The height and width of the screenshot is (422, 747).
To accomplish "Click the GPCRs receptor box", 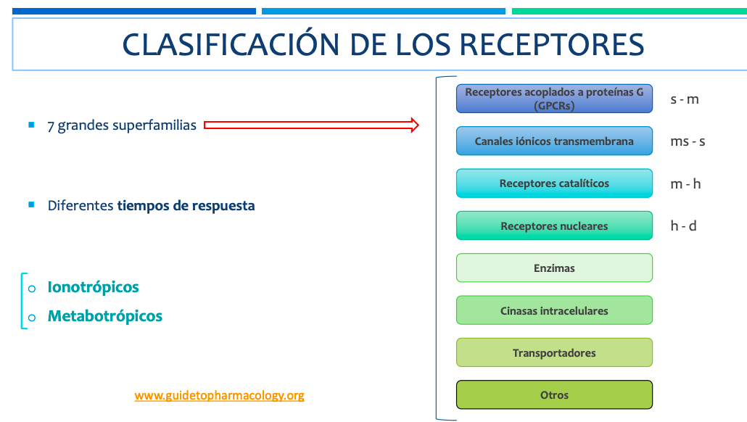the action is pyautogui.click(x=554, y=99).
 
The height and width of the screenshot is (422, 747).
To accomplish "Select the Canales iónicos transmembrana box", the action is pyautogui.click(x=554, y=141).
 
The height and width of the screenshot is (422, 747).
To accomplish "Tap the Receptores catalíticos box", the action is pyautogui.click(x=554, y=183).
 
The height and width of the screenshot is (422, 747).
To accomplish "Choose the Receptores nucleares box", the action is pyautogui.click(x=554, y=226).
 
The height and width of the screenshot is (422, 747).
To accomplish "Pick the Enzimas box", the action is pyautogui.click(x=554, y=268).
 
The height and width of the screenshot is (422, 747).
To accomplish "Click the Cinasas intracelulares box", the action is pyautogui.click(x=554, y=310).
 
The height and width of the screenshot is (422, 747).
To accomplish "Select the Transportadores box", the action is pyautogui.click(x=554, y=353).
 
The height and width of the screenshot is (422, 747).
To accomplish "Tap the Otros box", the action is pyautogui.click(x=554, y=395).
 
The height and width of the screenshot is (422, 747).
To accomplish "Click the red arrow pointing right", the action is pyautogui.click(x=312, y=125).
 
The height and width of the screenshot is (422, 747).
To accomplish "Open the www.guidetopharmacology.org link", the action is pyautogui.click(x=219, y=395).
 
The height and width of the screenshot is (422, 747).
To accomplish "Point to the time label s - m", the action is pyautogui.click(x=685, y=99).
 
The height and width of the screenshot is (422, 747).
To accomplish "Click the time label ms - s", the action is pyautogui.click(x=688, y=141).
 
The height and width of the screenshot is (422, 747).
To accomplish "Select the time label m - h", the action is pyautogui.click(x=685, y=184).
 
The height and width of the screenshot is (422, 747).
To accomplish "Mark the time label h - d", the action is pyautogui.click(x=683, y=226).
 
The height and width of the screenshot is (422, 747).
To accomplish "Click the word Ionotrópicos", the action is pyautogui.click(x=93, y=287).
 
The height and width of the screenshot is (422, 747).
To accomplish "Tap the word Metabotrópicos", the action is pyautogui.click(x=105, y=316).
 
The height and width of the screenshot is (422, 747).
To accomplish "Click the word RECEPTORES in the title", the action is pyautogui.click(x=551, y=45).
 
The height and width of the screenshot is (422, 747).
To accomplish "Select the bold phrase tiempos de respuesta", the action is pyautogui.click(x=186, y=206).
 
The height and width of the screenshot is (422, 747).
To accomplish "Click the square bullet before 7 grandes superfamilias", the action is pyautogui.click(x=31, y=125).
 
